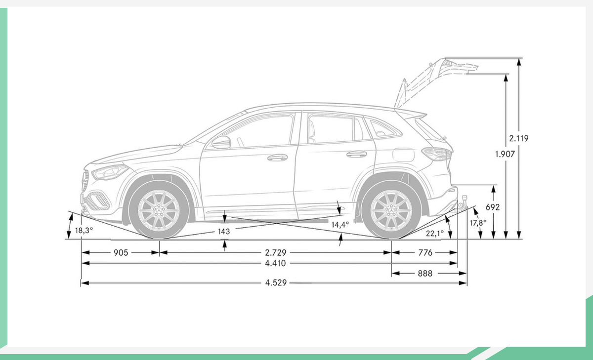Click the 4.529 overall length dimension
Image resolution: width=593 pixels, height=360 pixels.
pyautogui.click(x=276, y=283)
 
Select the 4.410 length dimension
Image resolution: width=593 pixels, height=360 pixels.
pyautogui.click(x=275, y=263)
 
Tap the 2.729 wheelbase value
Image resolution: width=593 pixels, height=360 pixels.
pyautogui.click(x=276, y=253)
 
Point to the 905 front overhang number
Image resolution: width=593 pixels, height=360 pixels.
pyautogui.click(x=121, y=253)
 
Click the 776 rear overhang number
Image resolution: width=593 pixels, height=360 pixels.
pyautogui.click(x=425, y=253)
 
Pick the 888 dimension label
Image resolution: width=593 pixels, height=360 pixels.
pyautogui.click(x=425, y=273)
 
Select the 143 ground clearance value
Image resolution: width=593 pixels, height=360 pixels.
pyautogui.click(x=224, y=232)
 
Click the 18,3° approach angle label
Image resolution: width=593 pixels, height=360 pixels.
pyautogui.click(x=84, y=231)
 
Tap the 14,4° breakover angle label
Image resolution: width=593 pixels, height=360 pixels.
pyautogui.click(x=340, y=225)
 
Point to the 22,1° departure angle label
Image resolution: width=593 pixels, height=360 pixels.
pyautogui.click(x=435, y=233)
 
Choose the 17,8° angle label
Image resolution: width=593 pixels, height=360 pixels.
pyautogui.click(x=478, y=223)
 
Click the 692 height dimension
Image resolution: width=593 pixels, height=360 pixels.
pyautogui.click(x=493, y=207)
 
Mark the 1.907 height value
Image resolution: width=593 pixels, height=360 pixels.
pyautogui.click(x=505, y=154)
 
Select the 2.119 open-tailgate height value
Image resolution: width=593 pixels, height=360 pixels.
pyautogui.click(x=518, y=138)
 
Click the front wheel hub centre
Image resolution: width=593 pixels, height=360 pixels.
pyautogui.click(x=159, y=210)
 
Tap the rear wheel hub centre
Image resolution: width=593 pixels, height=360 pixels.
pyautogui.click(x=391, y=210)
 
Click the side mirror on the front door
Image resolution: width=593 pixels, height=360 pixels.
pyautogui.click(x=221, y=143)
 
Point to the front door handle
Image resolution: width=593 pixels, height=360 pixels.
pyautogui.click(x=277, y=158)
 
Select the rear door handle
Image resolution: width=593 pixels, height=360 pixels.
pyautogui.click(x=357, y=154)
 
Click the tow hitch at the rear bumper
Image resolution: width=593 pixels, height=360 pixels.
pyautogui.click(x=463, y=203)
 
